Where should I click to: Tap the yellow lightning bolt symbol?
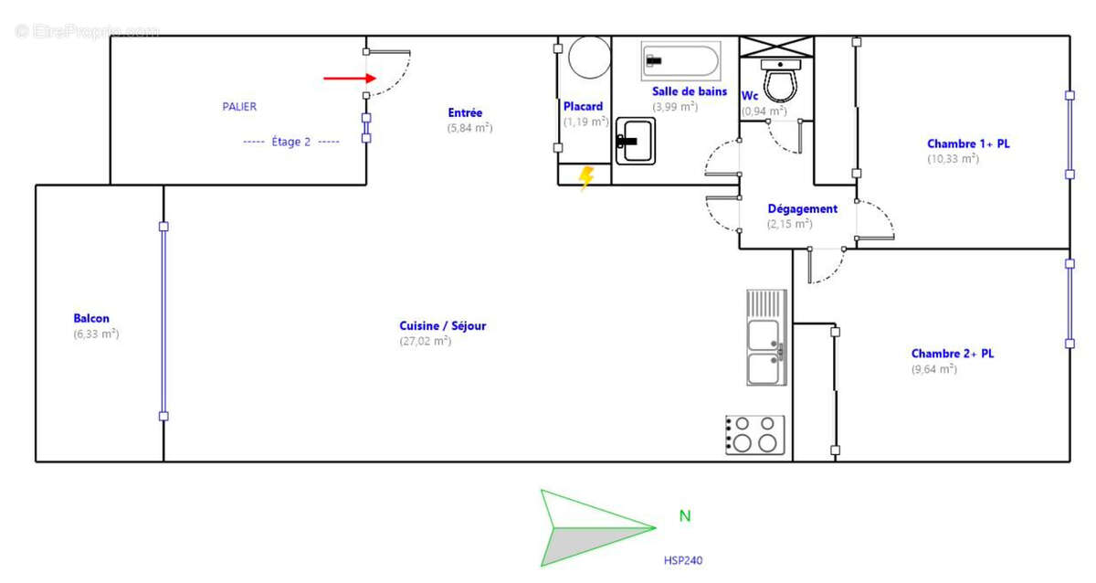click(586, 175)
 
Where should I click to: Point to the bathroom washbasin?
click(635, 141)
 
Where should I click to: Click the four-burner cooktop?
click(754, 434)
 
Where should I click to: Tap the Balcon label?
click(91, 319)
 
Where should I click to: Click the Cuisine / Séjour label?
click(442, 326)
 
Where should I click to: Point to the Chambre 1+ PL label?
click(968, 143)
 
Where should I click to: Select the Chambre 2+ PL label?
click(952, 354)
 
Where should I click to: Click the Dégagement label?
click(802, 209)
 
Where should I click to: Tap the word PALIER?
click(239, 107)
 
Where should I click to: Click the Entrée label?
click(465, 113)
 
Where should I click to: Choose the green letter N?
click(685, 516)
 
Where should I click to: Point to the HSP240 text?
click(682, 560)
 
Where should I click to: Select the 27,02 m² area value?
click(425, 342)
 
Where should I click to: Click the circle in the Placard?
click(588, 57)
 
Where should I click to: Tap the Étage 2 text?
click(290, 142)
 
